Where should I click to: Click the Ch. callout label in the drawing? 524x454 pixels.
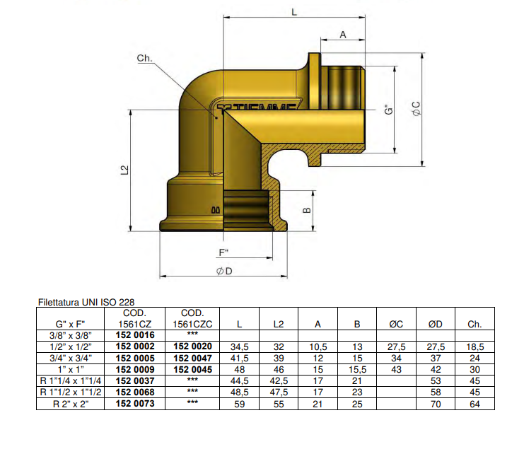(x=144, y=59)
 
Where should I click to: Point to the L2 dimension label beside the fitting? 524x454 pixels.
(x=124, y=170)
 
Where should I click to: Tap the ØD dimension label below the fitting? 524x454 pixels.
(x=225, y=272)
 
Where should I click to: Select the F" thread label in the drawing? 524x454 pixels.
(x=223, y=252)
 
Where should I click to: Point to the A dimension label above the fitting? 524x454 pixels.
(x=343, y=34)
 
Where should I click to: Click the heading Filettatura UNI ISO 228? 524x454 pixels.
(x=86, y=302)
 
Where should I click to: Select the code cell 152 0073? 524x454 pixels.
(x=134, y=404)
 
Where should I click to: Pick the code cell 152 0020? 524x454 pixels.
(x=192, y=347)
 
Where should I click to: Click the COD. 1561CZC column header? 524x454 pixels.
(x=192, y=318)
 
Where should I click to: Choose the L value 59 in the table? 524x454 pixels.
(x=240, y=404)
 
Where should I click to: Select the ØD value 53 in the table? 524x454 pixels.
(x=436, y=381)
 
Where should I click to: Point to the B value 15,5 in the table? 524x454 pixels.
(x=357, y=369)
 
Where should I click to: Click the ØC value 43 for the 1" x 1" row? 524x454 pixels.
(x=396, y=369)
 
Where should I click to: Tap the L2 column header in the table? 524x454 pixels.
(x=279, y=324)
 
